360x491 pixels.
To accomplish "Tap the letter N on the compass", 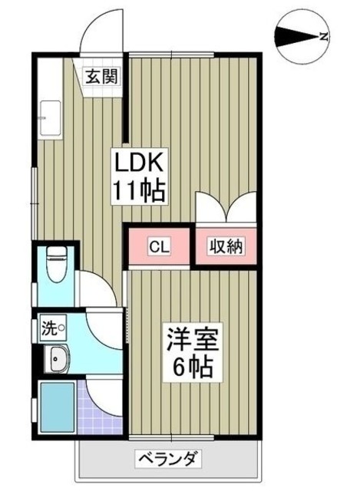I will click(x=325, y=36).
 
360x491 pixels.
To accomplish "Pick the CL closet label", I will click(x=159, y=247).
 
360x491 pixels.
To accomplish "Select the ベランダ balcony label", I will click(x=169, y=460).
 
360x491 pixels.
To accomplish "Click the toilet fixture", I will click(x=55, y=265).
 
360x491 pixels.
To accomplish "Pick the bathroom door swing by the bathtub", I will click(x=102, y=395).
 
